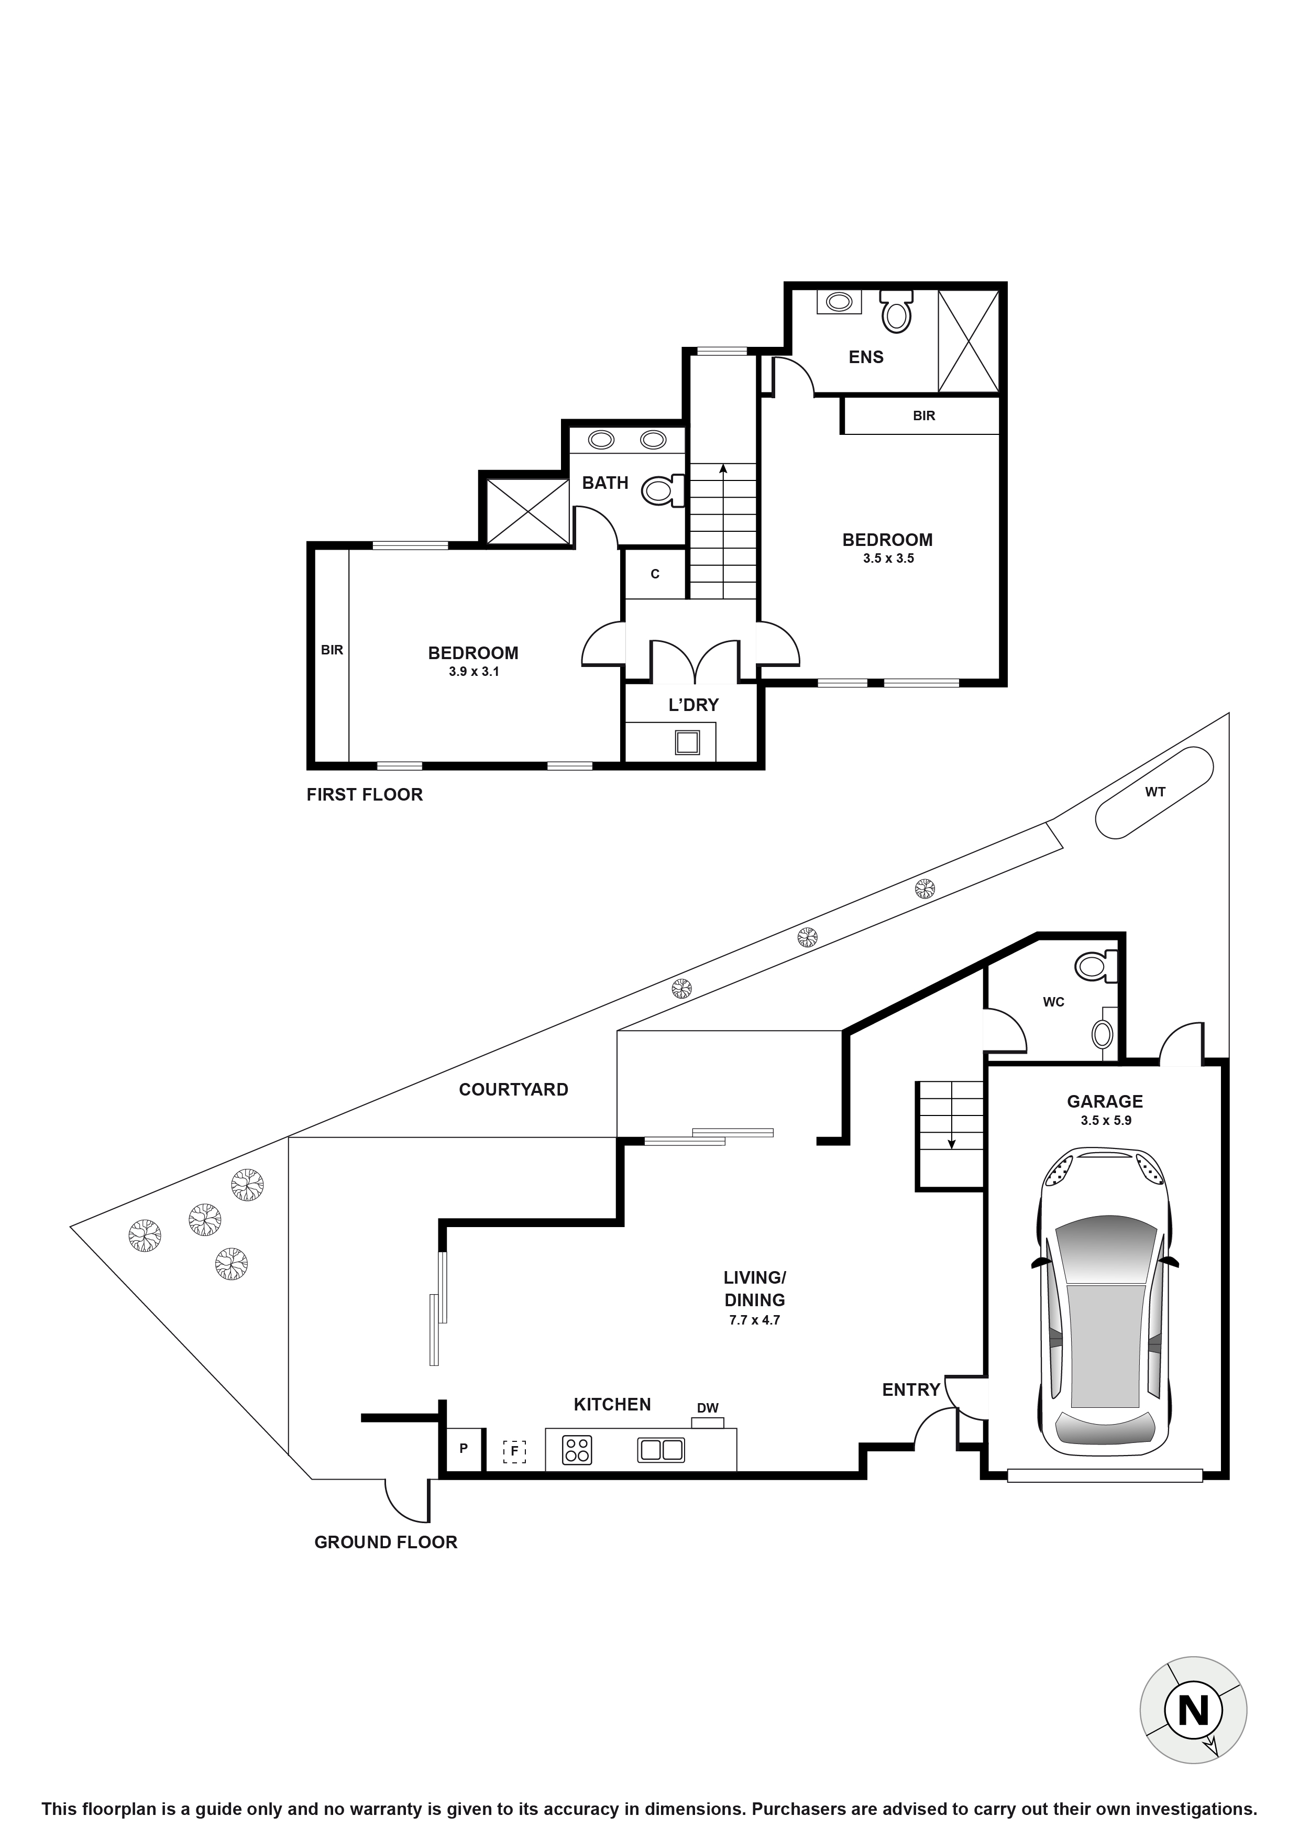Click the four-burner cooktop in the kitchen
576,1450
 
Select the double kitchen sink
661,1450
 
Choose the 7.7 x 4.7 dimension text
754,1320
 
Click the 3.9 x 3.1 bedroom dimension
474,672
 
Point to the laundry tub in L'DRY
687,742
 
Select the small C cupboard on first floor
655,574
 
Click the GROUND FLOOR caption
386,1542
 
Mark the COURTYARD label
513,1089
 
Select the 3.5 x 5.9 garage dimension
1105,1121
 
